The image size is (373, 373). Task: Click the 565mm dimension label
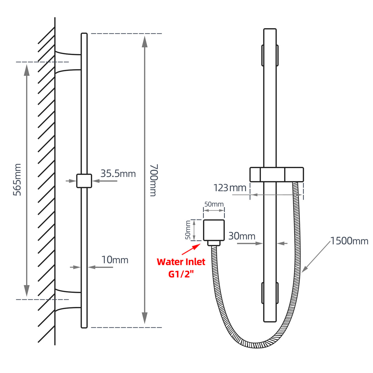click(x=17, y=180)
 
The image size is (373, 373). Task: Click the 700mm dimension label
click(x=153, y=180)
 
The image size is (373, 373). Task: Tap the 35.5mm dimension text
click(x=118, y=174)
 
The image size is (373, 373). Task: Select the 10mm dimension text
click(x=115, y=260)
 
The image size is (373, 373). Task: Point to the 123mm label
click(x=230, y=188)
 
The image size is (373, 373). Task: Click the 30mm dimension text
click(x=242, y=236)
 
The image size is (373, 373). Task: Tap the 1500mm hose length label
click(x=349, y=241)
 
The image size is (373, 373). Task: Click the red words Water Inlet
click(x=181, y=262)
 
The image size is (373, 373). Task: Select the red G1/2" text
click(x=181, y=274)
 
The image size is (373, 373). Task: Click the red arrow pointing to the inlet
click(x=191, y=249)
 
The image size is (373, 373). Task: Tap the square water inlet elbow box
click(x=214, y=230)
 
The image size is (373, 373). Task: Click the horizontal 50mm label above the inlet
click(x=214, y=204)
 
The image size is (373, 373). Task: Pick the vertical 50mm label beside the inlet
click(x=188, y=230)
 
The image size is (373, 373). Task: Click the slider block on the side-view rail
click(x=84, y=181)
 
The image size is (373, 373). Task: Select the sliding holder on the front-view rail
click(x=277, y=175)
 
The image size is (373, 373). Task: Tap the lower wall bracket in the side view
click(x=68, y=300)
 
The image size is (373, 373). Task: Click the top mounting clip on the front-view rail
click(x=270, y=55)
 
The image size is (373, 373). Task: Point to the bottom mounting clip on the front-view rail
click(x=270, y=293)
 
